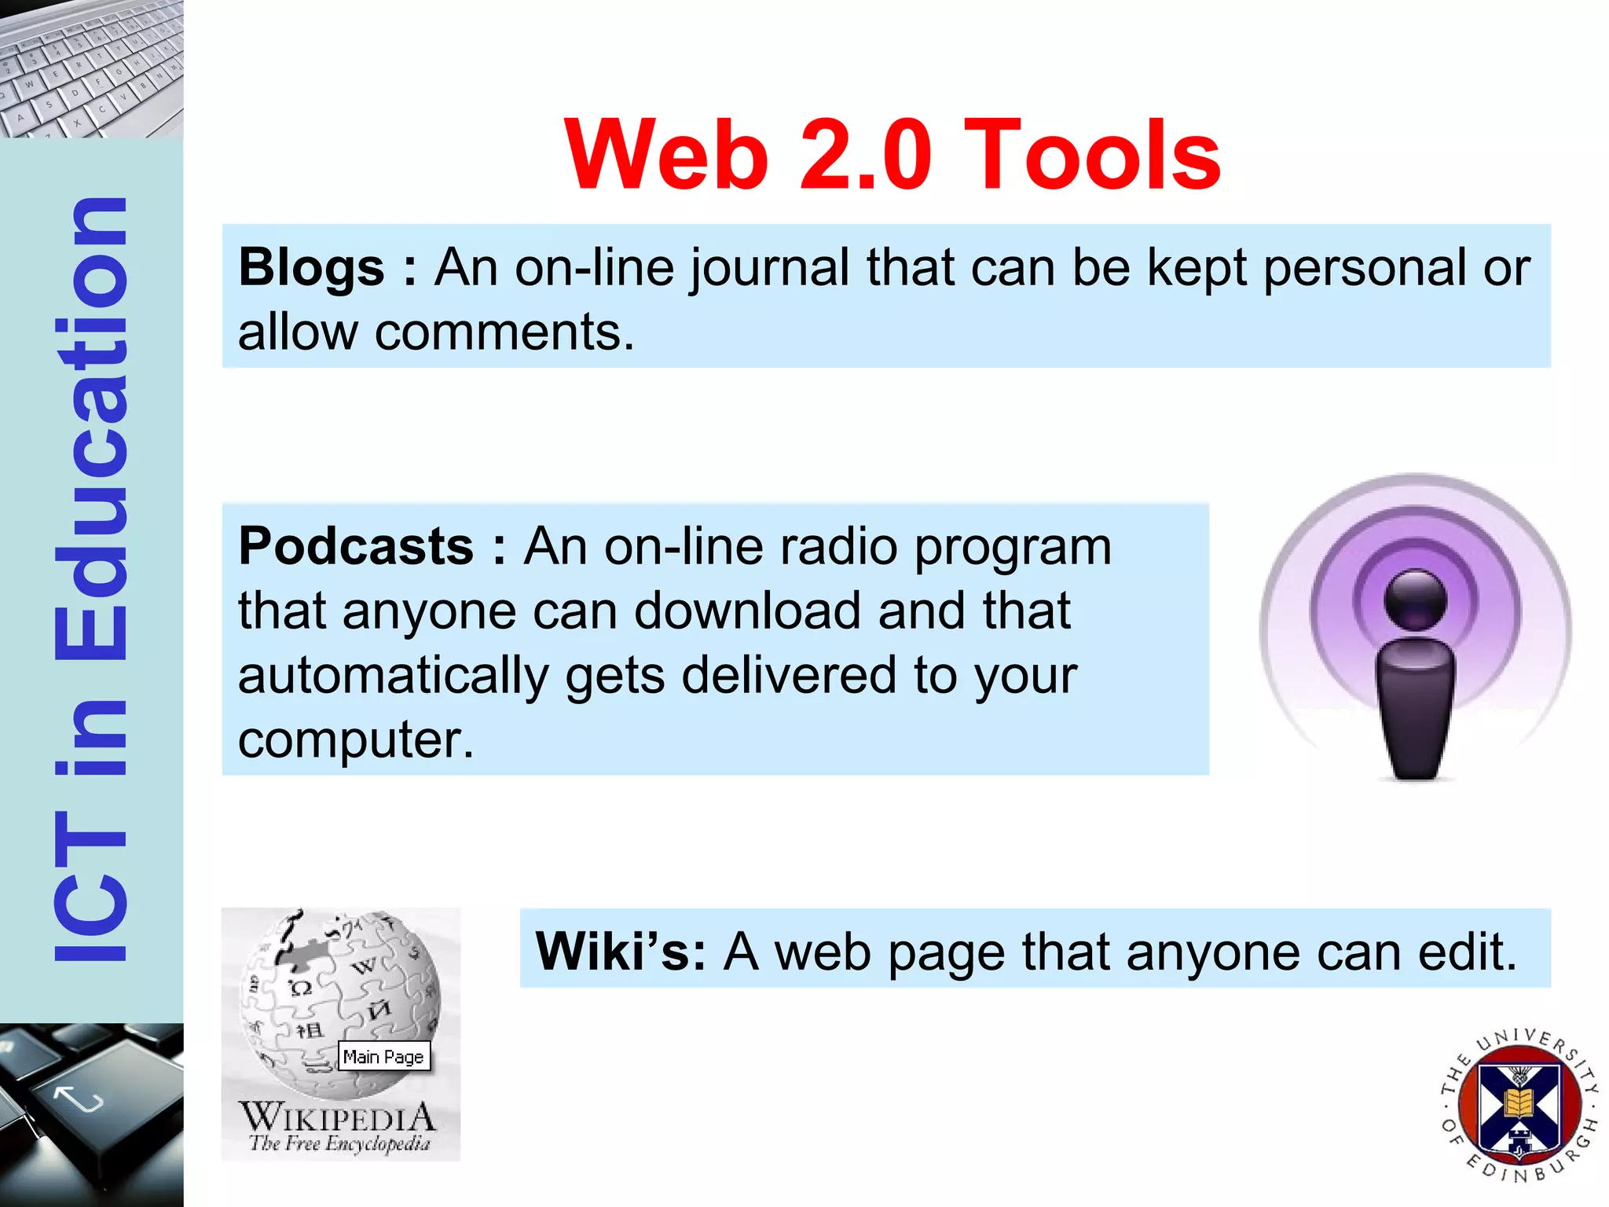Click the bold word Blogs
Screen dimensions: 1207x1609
[312, 268]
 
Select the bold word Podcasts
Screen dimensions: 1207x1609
[356, 547]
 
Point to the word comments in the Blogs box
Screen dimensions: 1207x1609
[504, 332]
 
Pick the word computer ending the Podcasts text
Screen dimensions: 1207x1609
[356, 740]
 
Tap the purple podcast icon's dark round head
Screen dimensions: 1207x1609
[1415, 600]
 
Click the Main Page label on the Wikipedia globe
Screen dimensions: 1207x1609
[383, 1057]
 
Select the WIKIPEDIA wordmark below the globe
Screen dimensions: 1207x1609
[338, 1117]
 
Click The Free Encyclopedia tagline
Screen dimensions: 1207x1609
[340, 1143]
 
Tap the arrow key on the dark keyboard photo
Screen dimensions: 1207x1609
[79, 1096]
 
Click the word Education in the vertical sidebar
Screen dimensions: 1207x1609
[90, 428]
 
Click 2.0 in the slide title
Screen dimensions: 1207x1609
[864, 155]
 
